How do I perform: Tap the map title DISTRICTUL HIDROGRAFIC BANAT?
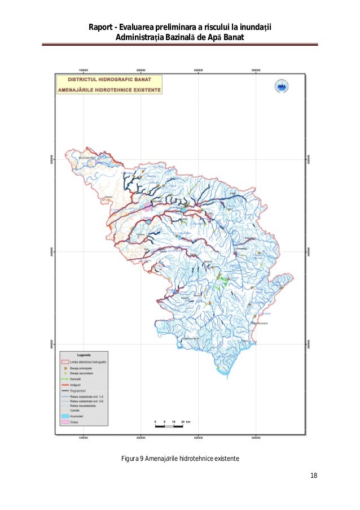(109, 81)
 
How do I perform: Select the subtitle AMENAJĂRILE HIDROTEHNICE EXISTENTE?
(109, 90)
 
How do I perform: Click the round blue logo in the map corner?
(282, 86)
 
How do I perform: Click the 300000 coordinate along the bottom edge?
(256, 437)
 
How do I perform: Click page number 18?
(314, 476)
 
